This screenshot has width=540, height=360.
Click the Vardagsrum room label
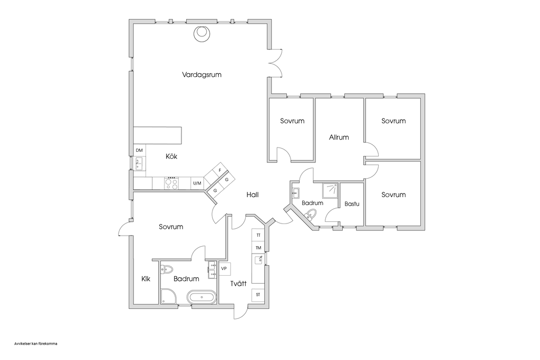coord(201,75)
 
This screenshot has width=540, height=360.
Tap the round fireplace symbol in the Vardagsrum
coord(201,34)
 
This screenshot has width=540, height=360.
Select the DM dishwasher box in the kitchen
coord(139,150)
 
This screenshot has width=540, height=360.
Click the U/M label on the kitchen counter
coord(197,183)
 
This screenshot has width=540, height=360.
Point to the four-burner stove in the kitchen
coord(171,183)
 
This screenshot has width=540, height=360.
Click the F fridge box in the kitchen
coord(220,170)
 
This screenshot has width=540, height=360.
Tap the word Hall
coord(253,195)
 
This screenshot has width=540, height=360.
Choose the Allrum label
coord(339,138)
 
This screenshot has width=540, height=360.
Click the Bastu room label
coord(352,204)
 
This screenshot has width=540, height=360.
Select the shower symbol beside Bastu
coord(331,190)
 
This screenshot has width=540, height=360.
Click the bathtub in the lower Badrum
coord(202,297)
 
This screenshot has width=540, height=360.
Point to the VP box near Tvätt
coord(224,268)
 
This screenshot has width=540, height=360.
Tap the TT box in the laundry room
coord(258,235)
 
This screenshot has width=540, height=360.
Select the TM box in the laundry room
coord(258,248)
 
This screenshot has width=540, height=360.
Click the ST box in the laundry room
coord(258,295)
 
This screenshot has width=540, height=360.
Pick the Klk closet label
coord(146,279)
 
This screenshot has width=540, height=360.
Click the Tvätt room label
coord(238,284)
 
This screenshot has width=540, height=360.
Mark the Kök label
coord(171,156)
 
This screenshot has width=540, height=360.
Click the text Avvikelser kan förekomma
coord(36,344)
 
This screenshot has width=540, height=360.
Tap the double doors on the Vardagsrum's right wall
coord(275,63)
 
